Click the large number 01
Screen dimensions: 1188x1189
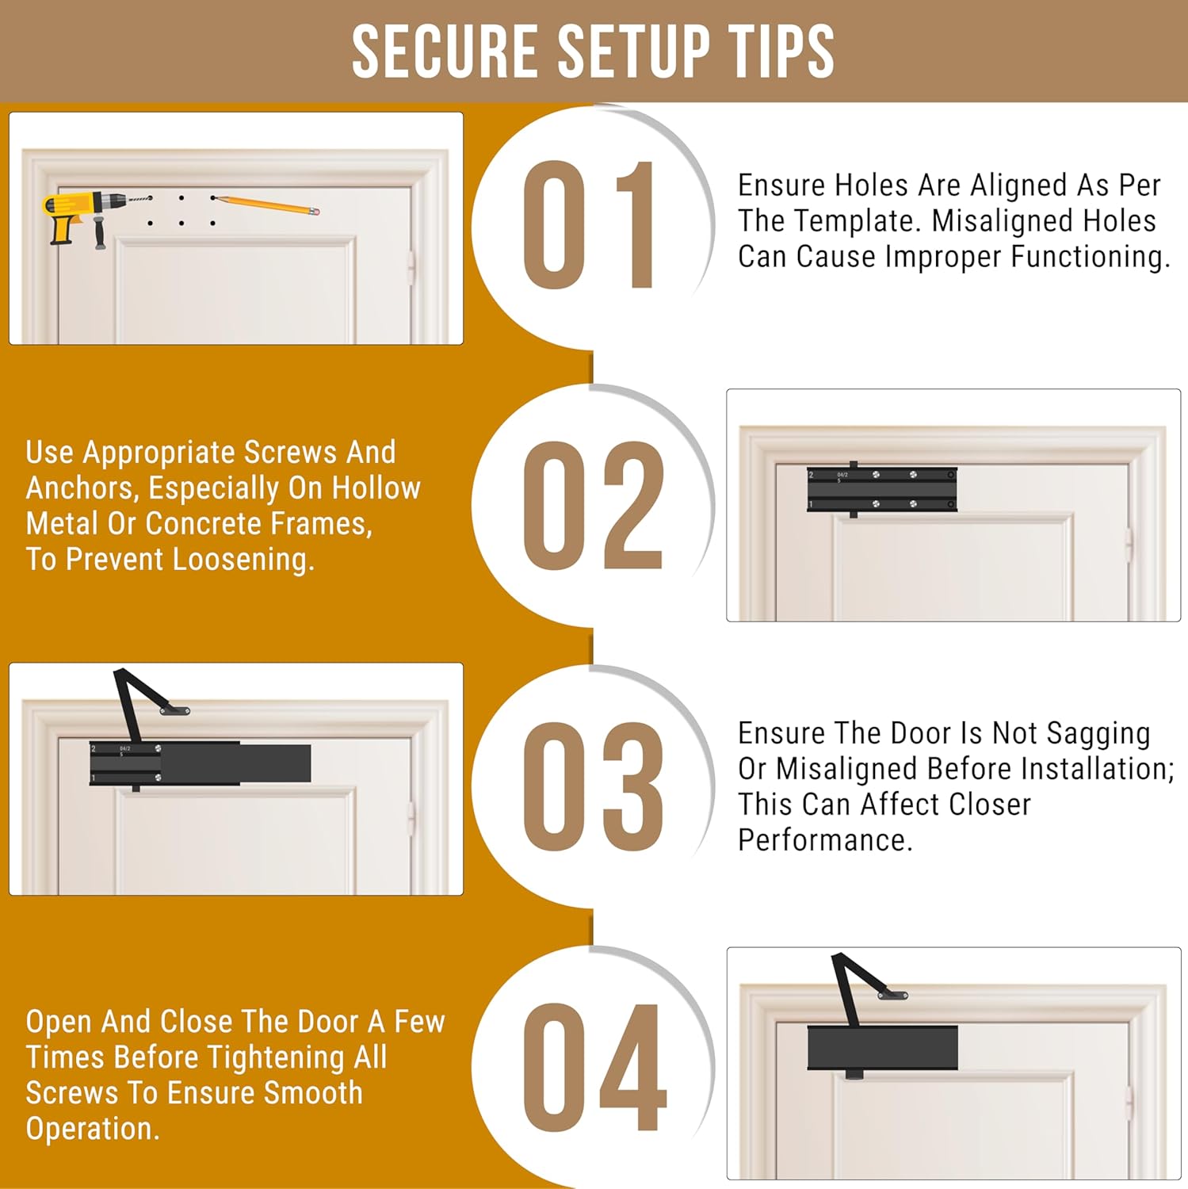point(589,225)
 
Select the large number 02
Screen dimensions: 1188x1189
point(593,505)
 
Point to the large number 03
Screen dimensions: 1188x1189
point(593,786)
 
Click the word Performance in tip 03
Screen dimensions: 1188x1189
point(825,840)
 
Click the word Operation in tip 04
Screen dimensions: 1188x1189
point(92,1130)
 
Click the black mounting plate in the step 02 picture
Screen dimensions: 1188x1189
point(882,490)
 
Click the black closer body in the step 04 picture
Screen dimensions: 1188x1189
point(883,1047)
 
